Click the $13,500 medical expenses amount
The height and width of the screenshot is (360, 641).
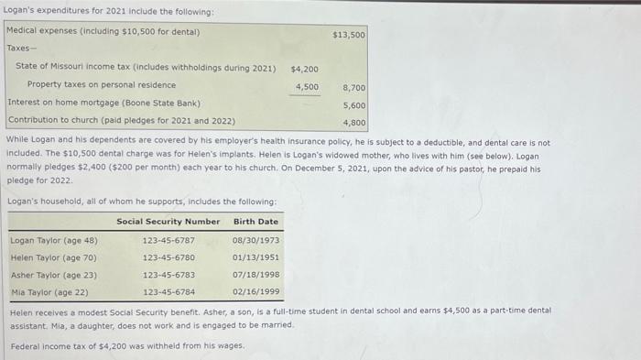coord(349,35)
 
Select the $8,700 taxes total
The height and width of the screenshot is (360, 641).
coord(353,88)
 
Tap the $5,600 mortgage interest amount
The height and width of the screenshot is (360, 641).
coord(353,105)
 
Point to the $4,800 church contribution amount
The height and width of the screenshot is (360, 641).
coord(353,123)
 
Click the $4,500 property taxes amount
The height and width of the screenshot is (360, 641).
coord(306,87)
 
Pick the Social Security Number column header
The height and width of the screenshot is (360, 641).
coord(168,222)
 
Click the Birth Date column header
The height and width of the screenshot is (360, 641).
coord(255,222)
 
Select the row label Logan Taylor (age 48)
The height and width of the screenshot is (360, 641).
coord(53,241)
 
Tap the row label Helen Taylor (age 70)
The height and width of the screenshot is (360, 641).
coord(53,258)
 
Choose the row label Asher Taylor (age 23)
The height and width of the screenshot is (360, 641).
coord(53,275)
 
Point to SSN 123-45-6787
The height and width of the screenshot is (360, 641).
coord(168,241)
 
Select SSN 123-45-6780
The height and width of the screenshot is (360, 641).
coord(168,258)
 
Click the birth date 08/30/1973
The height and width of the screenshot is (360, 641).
coord(255,241)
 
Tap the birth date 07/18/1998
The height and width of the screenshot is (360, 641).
coord(255,275)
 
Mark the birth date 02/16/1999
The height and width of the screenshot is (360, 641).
coord(255,292)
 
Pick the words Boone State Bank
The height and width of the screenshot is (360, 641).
coord(165,104)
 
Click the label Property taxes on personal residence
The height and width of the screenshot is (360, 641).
coord(102,85)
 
